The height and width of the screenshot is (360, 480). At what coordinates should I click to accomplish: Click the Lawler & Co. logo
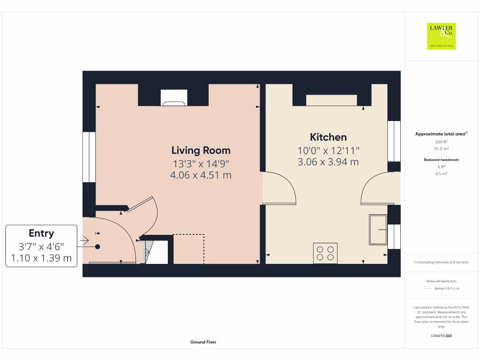click(x=442, y=36)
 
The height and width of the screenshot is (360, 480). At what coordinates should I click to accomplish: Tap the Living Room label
click(x=201, y=150)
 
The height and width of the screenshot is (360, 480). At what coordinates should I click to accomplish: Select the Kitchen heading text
click(x=328, y=137)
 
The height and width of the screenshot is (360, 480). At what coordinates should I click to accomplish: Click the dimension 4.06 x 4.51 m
click(x=201, y=175)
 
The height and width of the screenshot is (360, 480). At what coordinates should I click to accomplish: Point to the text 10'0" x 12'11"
click(x=328, y=150)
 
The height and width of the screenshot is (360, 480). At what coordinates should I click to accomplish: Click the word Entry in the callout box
click(x=41, y=233)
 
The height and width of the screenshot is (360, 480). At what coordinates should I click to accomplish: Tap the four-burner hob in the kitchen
click(x=325, y=253)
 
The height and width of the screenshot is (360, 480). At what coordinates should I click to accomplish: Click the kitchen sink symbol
click(x=378, y=230)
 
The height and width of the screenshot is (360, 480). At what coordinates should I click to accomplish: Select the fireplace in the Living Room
click(x=174, y=98)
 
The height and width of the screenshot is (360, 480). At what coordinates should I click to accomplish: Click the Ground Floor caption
click(x=203, y=342)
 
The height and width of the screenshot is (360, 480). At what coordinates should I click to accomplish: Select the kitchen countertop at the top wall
click(x=331, y=100)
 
